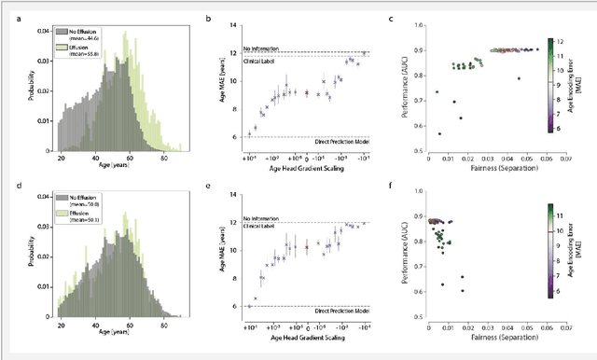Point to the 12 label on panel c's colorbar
tap(567, 41)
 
